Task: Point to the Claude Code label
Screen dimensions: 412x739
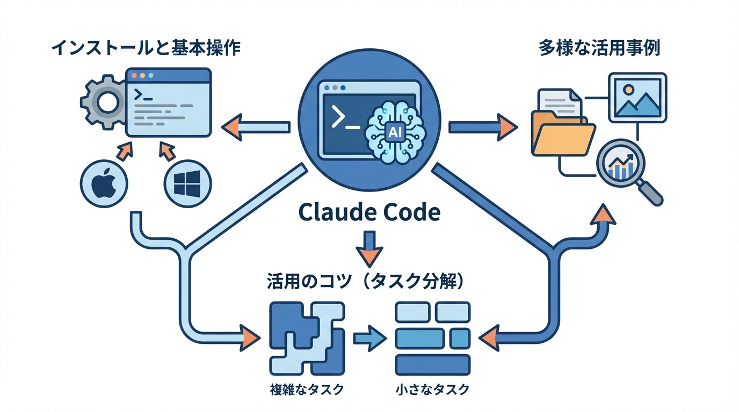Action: click(x=369, y=213)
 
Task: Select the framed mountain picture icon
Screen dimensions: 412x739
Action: click(x=637, y=98)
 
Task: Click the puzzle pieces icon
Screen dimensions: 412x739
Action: click(x=306, y=338)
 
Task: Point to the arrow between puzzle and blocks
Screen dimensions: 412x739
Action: click(x=369, y=339)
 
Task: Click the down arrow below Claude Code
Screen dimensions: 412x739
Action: click(x=369, y=248)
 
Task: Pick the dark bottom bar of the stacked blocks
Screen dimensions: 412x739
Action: click(x=432, y=365)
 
